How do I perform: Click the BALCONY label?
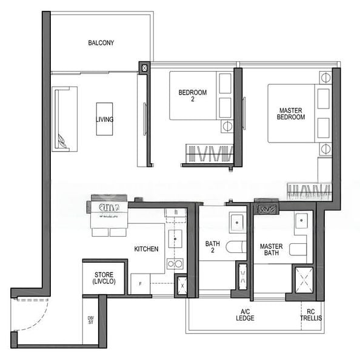101,43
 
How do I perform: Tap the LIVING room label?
104,120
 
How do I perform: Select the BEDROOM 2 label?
192,96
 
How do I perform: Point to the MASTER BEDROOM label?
291,113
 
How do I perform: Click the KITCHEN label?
146,249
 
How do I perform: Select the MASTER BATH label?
271,250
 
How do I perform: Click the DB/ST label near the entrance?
91,322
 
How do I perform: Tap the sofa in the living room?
65,119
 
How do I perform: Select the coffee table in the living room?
104,119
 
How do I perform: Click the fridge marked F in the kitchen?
140,284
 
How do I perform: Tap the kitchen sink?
175,238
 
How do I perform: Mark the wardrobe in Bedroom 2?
209,154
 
